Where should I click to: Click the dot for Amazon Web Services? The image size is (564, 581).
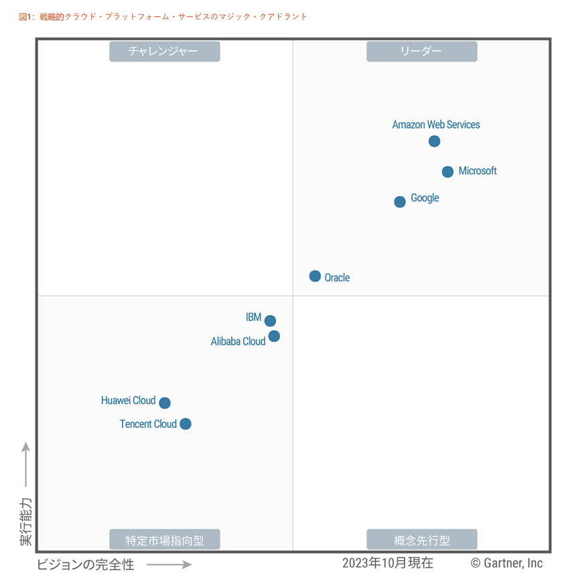pyautogui.click(x=434, y=141)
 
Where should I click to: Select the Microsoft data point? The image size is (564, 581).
pyautogui.click(x=447, y=172)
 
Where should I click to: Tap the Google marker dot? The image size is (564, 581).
pyautogui.click(x=400, y=201)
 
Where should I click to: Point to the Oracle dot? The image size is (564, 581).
pyautogui.click(x=315, y=276)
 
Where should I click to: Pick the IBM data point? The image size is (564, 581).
pyautogui.click(x=270, y=321)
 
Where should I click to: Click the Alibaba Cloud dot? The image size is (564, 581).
pyautogui.click(x=274, y=336)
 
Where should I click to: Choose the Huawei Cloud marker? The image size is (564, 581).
pyautogui.click(x=165, y=403)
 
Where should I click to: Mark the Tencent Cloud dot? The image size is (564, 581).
pyautogui.click(x=186, y=424)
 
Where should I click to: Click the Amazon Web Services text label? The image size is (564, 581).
pyautogui.click(x=436, y=124)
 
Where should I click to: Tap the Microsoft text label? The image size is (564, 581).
pyautogui.click(x=478, y=171)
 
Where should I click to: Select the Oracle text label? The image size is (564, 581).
pyautogui.click(x=337, y=277)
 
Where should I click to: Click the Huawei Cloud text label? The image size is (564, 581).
pyautogui.click(x=128, y=400)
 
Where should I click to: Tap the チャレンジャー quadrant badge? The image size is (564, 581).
pyautogui.click(x=164, y=52)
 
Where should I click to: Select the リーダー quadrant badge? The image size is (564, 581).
pyautogui.click(x=421, y=52)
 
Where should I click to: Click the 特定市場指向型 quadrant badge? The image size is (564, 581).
pyautogui.click(x=164, y=539)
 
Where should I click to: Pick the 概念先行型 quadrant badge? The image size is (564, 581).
pyautogui.click(x=421, y=539)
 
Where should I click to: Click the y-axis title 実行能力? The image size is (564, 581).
pyautogui.click(x=25, y=521)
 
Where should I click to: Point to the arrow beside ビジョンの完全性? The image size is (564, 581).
pyautogui.click(x=169, y=564)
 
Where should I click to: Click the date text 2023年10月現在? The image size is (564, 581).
pyautogui.click(x=387, y=562)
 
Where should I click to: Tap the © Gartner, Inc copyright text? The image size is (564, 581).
pyautogui.click(x=506, y=563)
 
